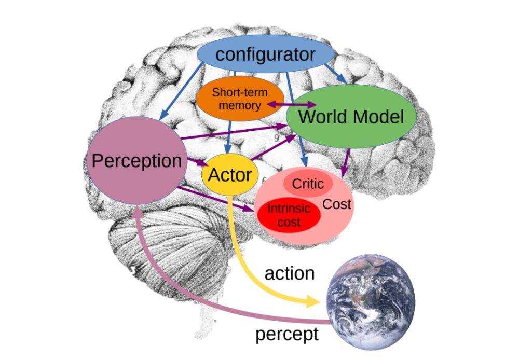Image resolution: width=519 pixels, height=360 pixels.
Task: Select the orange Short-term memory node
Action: click(240, 99)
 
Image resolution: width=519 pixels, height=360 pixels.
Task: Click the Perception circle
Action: click(136, 161)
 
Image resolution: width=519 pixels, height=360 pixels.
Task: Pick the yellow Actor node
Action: click(229, 175)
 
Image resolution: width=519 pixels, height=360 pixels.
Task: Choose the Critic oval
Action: click(308, 184)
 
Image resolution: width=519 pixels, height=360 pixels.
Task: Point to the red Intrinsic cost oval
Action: click(289, 215)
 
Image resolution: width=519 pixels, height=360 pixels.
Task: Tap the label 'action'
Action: click(290, 273)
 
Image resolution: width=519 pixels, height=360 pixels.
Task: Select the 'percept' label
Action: click(286, 335)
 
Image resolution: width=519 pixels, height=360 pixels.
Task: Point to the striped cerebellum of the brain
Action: click(156, 244)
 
